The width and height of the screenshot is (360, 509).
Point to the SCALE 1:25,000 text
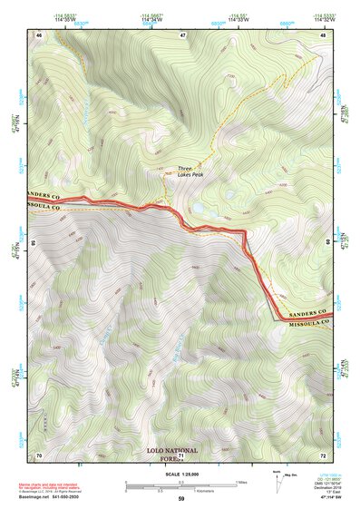click(x=180, y=475)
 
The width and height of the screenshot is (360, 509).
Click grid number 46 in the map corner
click(x=39, y=34)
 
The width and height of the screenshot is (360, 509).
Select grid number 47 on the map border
click(x=182, y=34)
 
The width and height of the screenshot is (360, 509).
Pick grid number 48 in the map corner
click(x=324, y=34)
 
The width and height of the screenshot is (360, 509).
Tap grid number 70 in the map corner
click(x=39, y=454)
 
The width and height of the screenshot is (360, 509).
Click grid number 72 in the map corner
click(x=324, y=454)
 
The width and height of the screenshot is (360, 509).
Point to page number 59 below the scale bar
click(x=180, y=500)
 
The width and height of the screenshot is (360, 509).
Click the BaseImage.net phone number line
click(x=51, y=495)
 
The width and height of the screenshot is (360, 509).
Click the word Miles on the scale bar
click(x=240, y=481)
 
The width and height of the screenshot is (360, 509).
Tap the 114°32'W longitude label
click(x=323, y=20)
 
